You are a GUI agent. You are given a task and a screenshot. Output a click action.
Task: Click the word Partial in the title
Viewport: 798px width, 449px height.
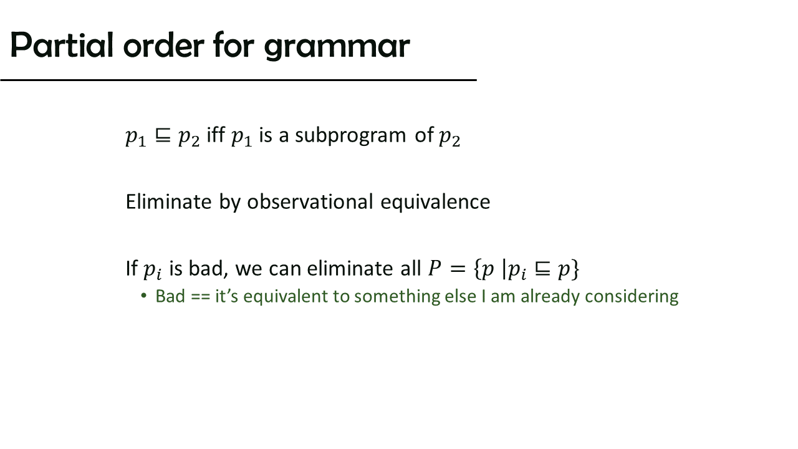point(62,45)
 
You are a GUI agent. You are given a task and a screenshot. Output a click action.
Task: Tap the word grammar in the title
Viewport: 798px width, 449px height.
point(337,47)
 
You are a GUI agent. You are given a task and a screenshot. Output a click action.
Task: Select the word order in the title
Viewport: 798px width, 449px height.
point(163,45)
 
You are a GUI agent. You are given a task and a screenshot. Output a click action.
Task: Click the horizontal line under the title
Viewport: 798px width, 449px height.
point(238,80)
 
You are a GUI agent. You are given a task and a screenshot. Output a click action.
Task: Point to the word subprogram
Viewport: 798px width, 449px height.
point(350,136)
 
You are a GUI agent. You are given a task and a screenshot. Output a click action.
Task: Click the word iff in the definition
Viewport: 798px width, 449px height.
point(216,134)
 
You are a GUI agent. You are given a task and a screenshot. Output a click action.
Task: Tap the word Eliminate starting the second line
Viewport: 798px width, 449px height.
point(169,201)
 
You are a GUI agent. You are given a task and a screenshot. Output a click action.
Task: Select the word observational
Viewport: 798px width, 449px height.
point(310,201)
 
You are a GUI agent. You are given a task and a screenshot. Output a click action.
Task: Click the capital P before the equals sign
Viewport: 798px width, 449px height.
point(435,268)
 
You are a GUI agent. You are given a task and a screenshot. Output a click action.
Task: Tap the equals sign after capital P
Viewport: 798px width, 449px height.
point(458,269)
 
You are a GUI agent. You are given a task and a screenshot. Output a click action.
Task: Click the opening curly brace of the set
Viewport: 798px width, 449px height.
point(478,269)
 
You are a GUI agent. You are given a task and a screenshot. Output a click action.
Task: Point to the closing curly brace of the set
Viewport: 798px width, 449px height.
point(575,269)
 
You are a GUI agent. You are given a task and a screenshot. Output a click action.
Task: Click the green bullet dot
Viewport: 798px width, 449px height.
point(144,296)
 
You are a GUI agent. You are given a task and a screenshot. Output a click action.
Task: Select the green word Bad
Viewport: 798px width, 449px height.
point(170,296)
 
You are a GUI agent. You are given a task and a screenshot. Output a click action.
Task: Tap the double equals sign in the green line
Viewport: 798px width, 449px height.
point(200,297)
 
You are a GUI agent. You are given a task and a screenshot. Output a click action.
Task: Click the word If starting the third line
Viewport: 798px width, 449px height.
point(132,268)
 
